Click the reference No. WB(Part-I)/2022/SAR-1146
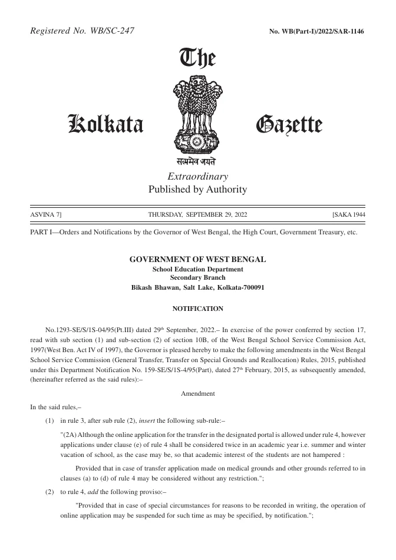(316, 31)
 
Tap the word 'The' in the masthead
(197, 59)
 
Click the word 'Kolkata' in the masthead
(106, 124)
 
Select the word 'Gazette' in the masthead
(289, 125)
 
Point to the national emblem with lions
(197, 115)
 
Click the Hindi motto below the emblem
(197, 161)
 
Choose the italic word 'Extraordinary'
(197, 177)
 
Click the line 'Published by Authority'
(197, 190)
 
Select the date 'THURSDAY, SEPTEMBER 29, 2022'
(197, 215)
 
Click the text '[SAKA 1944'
(349, 215)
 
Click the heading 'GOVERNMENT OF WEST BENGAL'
(197, 259)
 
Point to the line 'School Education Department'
(197, 269)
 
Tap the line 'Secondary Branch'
(197, 277)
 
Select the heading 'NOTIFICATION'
(197, 309)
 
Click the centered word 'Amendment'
(197, 393)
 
